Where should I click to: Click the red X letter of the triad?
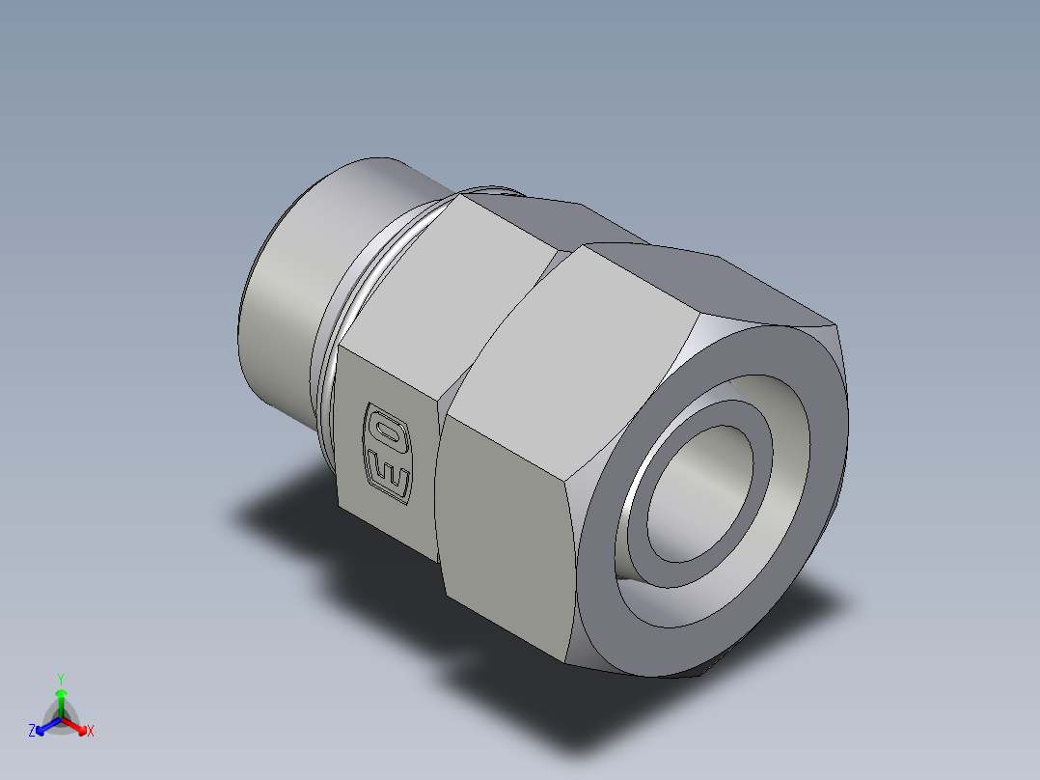click(x=91, y=732)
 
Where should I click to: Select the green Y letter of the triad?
click(x=60, y=679)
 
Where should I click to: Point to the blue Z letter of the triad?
click(x=32, y=732)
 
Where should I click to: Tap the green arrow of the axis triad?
click(x=61, y=697)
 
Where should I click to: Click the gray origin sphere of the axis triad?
click(x=61, y=719)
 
